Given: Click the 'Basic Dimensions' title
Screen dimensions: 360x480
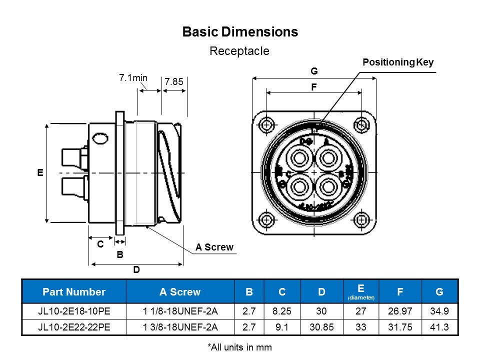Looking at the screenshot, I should [240, 32].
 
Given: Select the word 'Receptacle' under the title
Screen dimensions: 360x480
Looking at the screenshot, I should [239, 50].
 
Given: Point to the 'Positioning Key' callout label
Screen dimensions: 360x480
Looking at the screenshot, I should [398, 62].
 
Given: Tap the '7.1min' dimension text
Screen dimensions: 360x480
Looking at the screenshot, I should [133, 77].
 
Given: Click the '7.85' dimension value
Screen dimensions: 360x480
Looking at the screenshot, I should [173, 82].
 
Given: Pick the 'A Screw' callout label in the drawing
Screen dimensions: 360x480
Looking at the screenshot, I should [214, 247].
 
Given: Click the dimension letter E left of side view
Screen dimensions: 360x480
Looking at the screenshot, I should [40, 172].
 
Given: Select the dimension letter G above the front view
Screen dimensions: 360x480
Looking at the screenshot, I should [314, 71].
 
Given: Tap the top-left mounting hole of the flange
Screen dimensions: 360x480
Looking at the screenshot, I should [266, 124].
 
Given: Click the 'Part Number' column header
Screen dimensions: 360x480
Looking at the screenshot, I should [74, 292].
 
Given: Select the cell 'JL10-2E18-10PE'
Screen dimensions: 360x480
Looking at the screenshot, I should [74, 311].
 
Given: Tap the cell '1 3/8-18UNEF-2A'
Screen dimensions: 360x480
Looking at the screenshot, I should [180, 327].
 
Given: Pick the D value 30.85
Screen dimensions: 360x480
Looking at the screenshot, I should [321, 327].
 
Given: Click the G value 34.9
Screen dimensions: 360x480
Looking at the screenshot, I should [439, 311].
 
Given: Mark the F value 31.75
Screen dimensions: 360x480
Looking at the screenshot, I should [399, 327].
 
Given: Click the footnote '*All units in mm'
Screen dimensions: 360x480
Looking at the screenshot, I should [239, 346].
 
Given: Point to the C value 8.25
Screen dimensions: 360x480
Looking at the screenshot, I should [282, 311].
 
